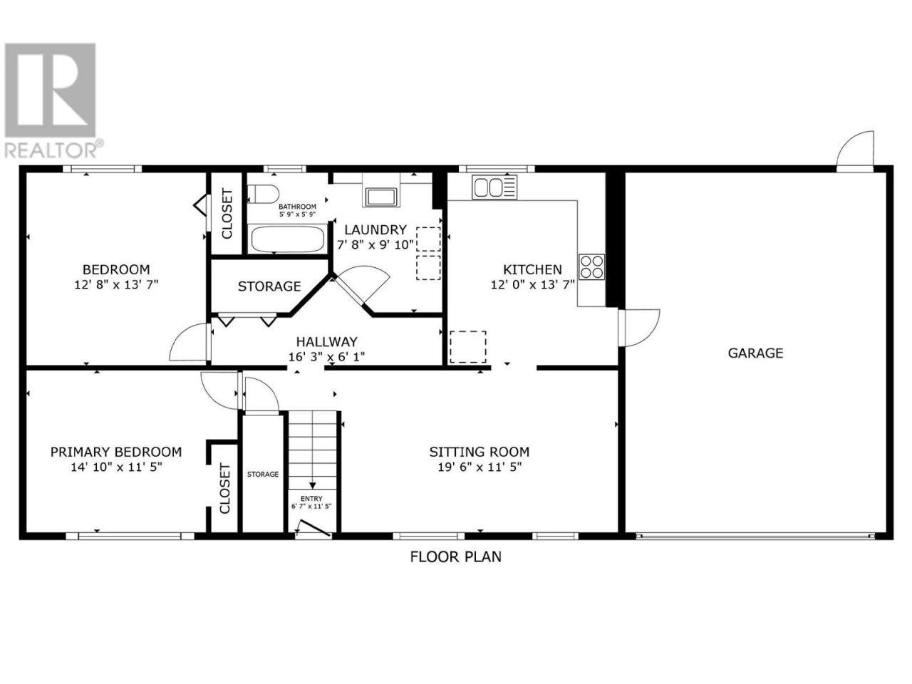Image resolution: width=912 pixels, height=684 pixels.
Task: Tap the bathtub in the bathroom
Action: click(x=286, y=239)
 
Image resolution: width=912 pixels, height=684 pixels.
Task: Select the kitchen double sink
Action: click(x=494, y=187)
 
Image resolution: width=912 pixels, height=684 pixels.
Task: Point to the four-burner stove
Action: click(x=591, y=266)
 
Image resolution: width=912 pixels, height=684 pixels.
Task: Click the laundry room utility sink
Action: click(x=380, y=197)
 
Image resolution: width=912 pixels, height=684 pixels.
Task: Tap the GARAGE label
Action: click(x=755, y=353)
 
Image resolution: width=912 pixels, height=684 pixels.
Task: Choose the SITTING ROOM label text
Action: click(x=480, y=452)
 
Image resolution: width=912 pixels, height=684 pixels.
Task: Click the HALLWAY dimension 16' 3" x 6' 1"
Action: click(x=326, y=357)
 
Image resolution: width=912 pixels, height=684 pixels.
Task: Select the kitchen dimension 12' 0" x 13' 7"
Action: click(x=533, y=285)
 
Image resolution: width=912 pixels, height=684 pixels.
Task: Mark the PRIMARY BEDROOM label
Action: click(x=116, y=452)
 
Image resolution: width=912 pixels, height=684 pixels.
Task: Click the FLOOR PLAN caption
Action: click(x=456, y=556)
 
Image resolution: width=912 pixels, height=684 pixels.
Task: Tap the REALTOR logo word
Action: click(x=51, y=150)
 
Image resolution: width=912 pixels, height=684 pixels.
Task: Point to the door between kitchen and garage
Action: click(x=638, y=328)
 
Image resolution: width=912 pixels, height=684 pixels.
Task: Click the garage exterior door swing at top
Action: click(x=855, y=151)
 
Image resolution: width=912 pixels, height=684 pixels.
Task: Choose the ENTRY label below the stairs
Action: click(x=311, y=498)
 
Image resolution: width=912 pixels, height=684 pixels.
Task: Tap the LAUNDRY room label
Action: click(x=375, y=229)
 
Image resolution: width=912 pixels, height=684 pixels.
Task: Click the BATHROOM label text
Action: click(x=297, y=207)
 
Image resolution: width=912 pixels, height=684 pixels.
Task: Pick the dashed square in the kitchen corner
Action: click(x=468, y=346)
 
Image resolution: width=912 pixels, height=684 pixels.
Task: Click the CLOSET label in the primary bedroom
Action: click(x=224, y=488)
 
